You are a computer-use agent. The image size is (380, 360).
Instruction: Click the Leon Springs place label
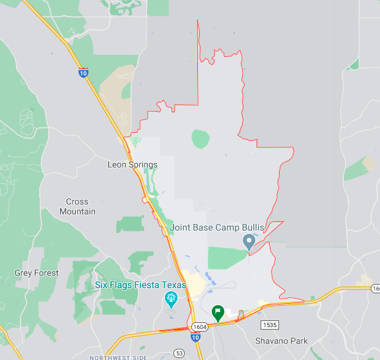[133, 164]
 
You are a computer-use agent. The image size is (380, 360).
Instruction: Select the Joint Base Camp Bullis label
[217, 227]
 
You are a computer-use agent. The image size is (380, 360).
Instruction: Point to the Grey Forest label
[36, 273]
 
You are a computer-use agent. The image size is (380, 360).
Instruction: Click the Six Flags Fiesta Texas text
[141, 285]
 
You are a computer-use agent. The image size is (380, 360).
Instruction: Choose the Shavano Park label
[282, 342]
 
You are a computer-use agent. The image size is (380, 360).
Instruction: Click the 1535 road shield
[269, 325]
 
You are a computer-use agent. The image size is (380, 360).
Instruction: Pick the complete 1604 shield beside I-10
[200, 327]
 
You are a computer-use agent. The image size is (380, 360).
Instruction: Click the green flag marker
[217, 312]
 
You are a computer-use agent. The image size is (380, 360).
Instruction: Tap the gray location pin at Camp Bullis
[249, 242]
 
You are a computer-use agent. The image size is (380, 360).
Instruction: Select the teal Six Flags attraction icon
[171, 300]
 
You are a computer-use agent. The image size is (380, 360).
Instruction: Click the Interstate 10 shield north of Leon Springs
[83, 73]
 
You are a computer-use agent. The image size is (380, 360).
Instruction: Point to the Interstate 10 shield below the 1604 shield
[195, 338]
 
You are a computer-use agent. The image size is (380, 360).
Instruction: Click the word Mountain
[77, 211]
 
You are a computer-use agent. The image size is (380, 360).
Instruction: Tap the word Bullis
[251, 227]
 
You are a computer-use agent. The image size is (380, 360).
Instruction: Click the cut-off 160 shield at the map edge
[375, 289]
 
